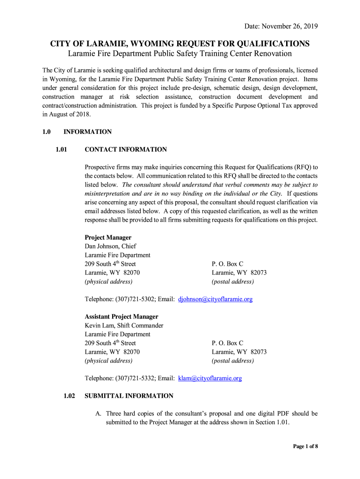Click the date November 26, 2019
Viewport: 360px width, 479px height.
pyautogui.click(x=281, y=26)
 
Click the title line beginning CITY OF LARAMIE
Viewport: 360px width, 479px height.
pyautogui.click(x=180, y=44)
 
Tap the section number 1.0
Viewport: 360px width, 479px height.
pyautogui.click(x=46, y=132)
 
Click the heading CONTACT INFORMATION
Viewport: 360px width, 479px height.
pyautogui.click(x=126, y=150)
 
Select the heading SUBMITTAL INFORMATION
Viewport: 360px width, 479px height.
pyautogui.click(x=129, y=396)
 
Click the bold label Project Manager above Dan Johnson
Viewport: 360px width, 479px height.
pyautogui.click(x=108, y=238)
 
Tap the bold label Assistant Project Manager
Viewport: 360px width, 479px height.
pyautogui.click(x=121, y=317)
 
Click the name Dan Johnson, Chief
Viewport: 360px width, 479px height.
pyautogui.click(x=110, y=247)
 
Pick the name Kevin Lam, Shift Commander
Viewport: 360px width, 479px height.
pyautogui.click(x=124, y=326)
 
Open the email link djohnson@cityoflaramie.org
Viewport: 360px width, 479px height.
pyautogui.click(x=216, y=299)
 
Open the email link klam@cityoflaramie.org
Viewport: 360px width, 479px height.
pyautogui.click(x=210, y=378)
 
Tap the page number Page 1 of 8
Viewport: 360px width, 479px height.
pyautogui.click(x=305, y=446)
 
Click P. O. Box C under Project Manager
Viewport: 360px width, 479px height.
pyautogui.click(x=228, y=264)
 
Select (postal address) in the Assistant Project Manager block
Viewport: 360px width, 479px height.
pyautogui.click(x=233, y=361)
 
